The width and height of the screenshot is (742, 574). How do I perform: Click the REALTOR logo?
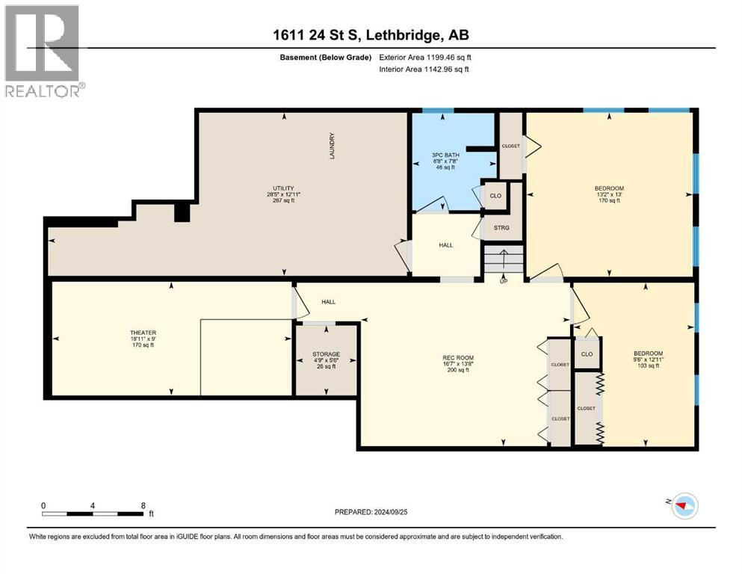[x=43, y=51]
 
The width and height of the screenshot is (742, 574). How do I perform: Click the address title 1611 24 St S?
[x=371, y=35]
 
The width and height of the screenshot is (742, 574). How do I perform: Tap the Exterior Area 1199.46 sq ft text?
[x=426, y=57]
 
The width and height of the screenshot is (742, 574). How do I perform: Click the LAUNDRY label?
[x=331, y=146]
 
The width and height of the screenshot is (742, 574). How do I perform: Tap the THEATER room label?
[x=142, y=338]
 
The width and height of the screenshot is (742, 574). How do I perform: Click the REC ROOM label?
[x=455, y=362]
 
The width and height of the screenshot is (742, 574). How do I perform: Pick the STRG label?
[x=501, y=227]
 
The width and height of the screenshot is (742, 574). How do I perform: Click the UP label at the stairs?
[x=504, y=281]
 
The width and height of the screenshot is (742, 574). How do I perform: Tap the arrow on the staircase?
[x=504, y=262]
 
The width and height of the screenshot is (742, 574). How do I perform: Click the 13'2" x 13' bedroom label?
[x=608, y=193]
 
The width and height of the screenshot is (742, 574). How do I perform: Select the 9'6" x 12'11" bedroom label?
[x=648, y=358]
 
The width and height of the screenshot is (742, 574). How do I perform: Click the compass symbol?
[x=683, y=506]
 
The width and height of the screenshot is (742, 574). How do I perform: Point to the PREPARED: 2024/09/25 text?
[x=371, y=512]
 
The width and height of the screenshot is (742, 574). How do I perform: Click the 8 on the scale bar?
[x=143, y=505]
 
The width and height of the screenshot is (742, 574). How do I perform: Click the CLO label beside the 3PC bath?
[x=495, y=196]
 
